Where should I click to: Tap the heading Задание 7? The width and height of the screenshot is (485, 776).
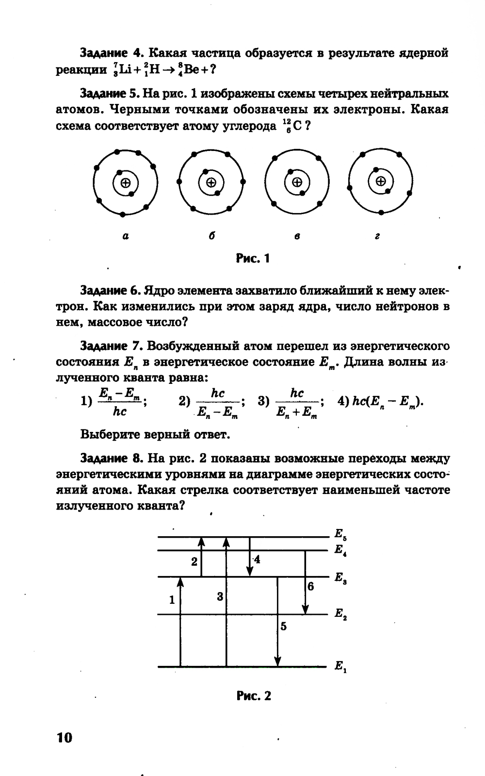[111, 346]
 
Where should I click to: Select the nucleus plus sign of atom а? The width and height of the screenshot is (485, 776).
[126, 183]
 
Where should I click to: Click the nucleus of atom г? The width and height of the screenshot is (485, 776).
[381, 182]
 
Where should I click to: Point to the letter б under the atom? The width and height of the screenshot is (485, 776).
[211, 236]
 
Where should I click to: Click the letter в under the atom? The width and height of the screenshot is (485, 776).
[297, 236]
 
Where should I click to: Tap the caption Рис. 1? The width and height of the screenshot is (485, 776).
[252, 258]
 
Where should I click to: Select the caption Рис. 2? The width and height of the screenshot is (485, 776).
[254, 696]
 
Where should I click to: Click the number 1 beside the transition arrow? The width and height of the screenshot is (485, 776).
[172, 600]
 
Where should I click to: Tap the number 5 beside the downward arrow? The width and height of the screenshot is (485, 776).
[283, 627]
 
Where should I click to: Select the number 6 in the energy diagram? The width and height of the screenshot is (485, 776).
[310, 586]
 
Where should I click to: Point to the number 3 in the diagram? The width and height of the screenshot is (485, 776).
[220, 596]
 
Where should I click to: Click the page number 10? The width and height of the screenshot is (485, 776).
[64, 738]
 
